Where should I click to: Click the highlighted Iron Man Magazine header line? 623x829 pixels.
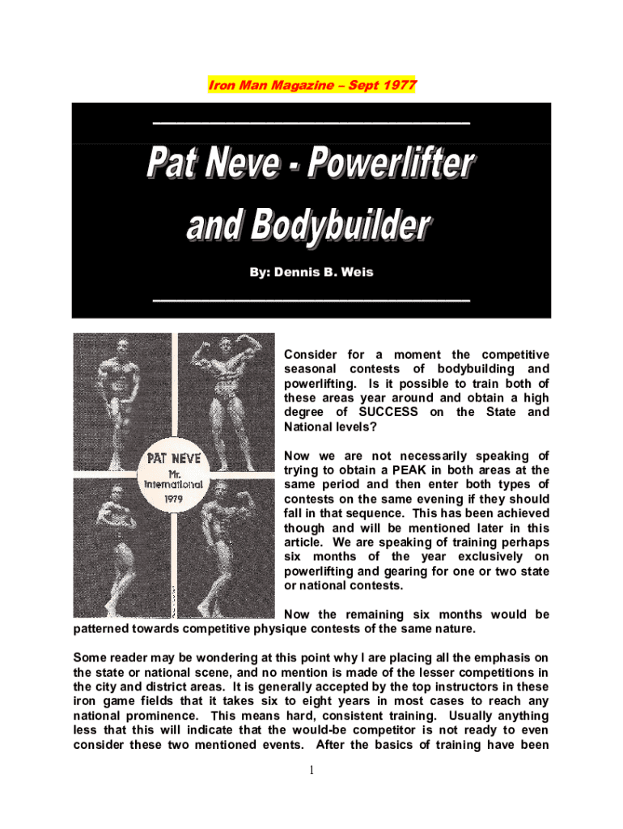coord(312,84)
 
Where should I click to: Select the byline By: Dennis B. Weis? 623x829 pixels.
coord(311,272)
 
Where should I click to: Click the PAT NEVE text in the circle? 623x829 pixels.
coord(174,459)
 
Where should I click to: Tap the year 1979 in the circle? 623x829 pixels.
coord(175,500)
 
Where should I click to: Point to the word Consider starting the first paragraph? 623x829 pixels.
coord(311,355)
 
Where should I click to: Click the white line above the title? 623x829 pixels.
coord(311,122)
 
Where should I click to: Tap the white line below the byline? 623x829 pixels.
coord(311,300)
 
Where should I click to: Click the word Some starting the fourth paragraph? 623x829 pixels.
coord(90,657)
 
